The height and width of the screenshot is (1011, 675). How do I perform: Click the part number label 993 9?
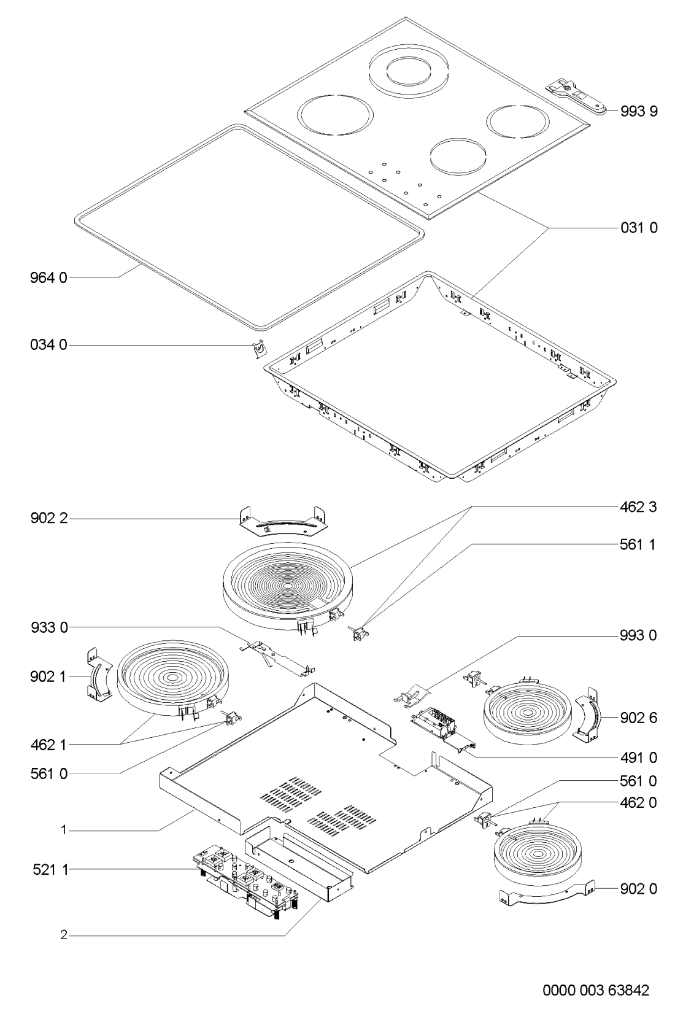pyautogui.click(x=639, y=111)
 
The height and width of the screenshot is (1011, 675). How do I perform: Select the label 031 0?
pyautogui.click(x=639, y=228)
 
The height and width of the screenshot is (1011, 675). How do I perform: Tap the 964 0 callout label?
pyautogui.click(x=48, y=277)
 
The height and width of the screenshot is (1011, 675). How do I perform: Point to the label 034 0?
pyautogui.click(x=48, y=345)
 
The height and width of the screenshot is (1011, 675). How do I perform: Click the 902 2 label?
pyautogui.click(x=49, y=518)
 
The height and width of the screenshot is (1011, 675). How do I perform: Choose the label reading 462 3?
pyautogui.click(x=638, y=507)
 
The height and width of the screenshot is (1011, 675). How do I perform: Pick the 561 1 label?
pyautogui.click(x=638, y=544)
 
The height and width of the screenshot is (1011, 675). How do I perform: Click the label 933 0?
pyautogui.click(x=49, y=627)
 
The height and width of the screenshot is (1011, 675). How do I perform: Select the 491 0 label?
pyautogui.click(x=638, y=758)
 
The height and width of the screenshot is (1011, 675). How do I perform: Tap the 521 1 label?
pyautogui.click(x=50, y=870)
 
